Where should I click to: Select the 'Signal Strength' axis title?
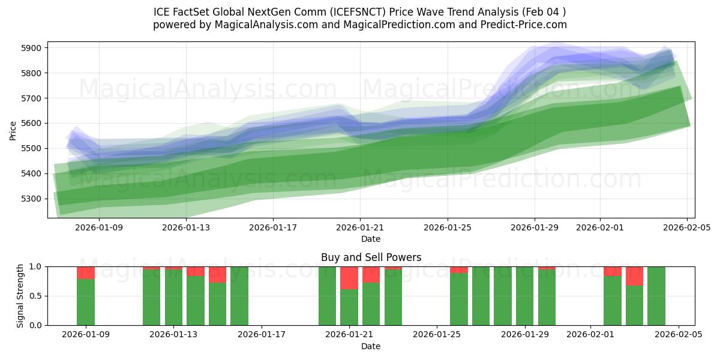(20, 296)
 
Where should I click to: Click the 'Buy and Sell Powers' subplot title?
(371, 257)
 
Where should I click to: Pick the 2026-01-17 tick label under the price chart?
(273, 227)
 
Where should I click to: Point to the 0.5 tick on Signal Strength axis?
(35, 296)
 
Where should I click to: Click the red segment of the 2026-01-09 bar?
(86, 272)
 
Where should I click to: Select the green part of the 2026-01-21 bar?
(349, 307)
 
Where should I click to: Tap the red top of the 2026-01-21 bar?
(349, 278)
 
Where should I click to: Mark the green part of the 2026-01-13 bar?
(173, 298)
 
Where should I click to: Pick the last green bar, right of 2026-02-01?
(656, 296)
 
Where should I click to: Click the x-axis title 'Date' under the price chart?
(371, 239)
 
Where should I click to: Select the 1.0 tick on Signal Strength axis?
(35, 266)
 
